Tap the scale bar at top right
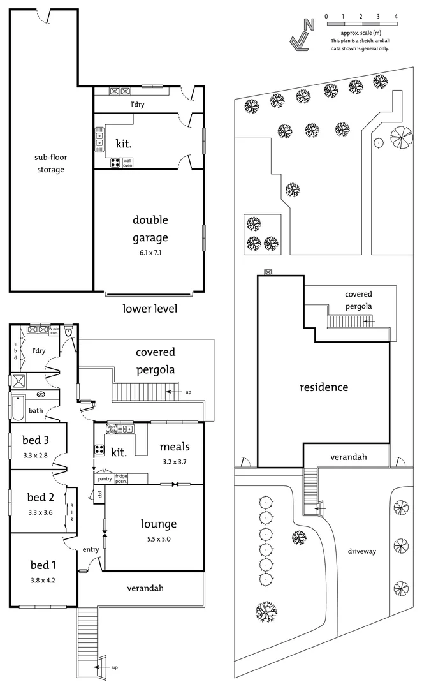pos(361,24)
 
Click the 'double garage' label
pos(150,228)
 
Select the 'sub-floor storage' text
pos(50,163)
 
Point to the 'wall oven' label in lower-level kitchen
pos(127,163)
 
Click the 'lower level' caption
pos(149,309)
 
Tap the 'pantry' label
pos(105,478)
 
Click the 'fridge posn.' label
pos(121,478)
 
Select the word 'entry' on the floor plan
pos(91,549)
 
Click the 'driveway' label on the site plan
pos(361,551)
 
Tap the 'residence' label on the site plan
pos(324,387)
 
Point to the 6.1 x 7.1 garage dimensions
pos(150,253)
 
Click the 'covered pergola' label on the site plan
pos(358,300)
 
